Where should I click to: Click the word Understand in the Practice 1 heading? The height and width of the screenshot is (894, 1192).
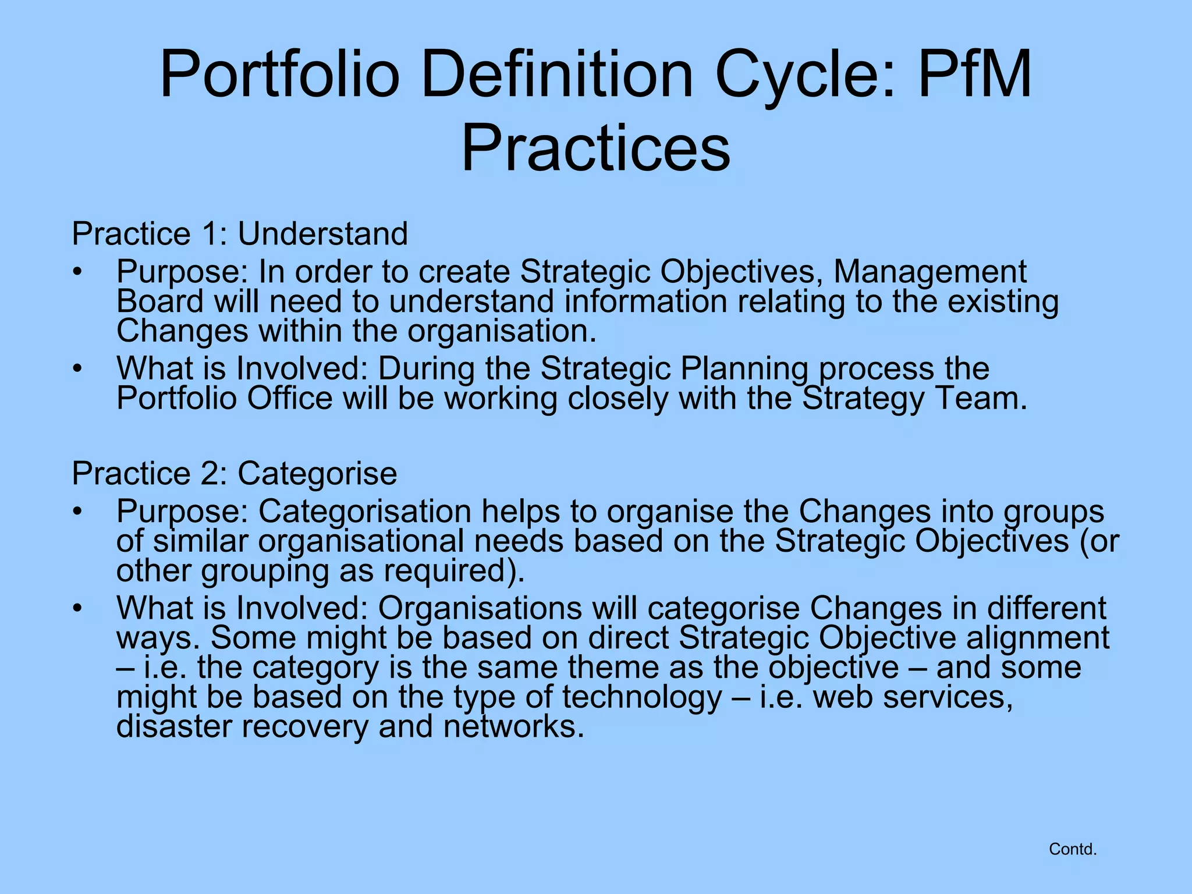322,234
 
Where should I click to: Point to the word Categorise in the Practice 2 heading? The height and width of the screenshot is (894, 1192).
317,473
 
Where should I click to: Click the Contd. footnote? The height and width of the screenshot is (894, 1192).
1073,849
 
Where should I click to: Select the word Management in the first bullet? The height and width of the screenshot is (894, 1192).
930,272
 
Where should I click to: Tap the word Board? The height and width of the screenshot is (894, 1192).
160,301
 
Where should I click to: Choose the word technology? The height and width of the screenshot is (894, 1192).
641,697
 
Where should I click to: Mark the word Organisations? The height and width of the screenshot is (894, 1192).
480,608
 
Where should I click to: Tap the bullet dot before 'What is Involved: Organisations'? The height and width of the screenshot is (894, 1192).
78,609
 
